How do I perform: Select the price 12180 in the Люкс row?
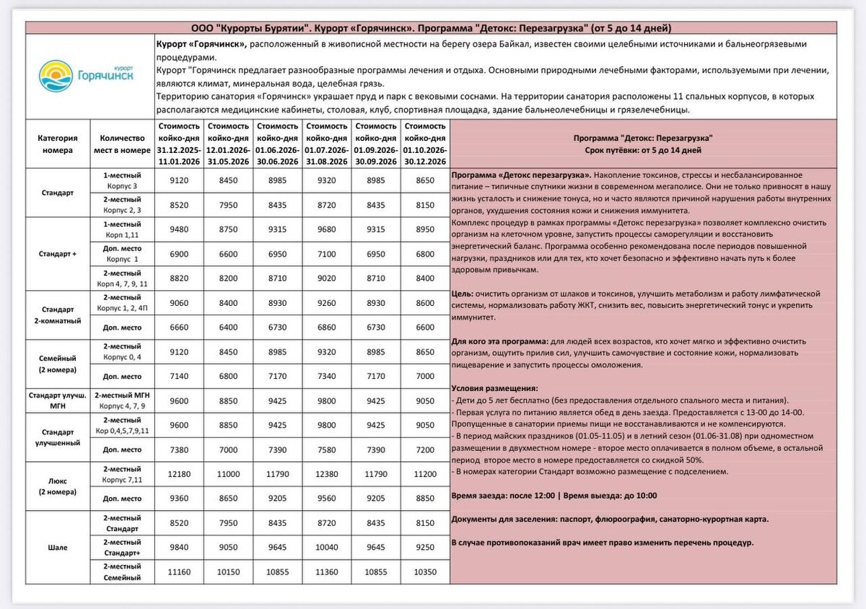178,473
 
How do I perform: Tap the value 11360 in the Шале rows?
327,571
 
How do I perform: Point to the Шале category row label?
56,547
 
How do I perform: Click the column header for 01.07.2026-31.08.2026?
327,143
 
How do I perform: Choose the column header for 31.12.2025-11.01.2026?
178,143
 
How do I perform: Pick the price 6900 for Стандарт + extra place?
178,253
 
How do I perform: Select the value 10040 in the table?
327,547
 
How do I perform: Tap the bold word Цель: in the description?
463,294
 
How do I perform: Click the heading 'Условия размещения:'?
494,388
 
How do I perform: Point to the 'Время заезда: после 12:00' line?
504,496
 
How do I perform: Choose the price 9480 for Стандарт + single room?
178,229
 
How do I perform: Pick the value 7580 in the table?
327,449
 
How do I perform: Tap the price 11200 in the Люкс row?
426,473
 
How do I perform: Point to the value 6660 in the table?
178,327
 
